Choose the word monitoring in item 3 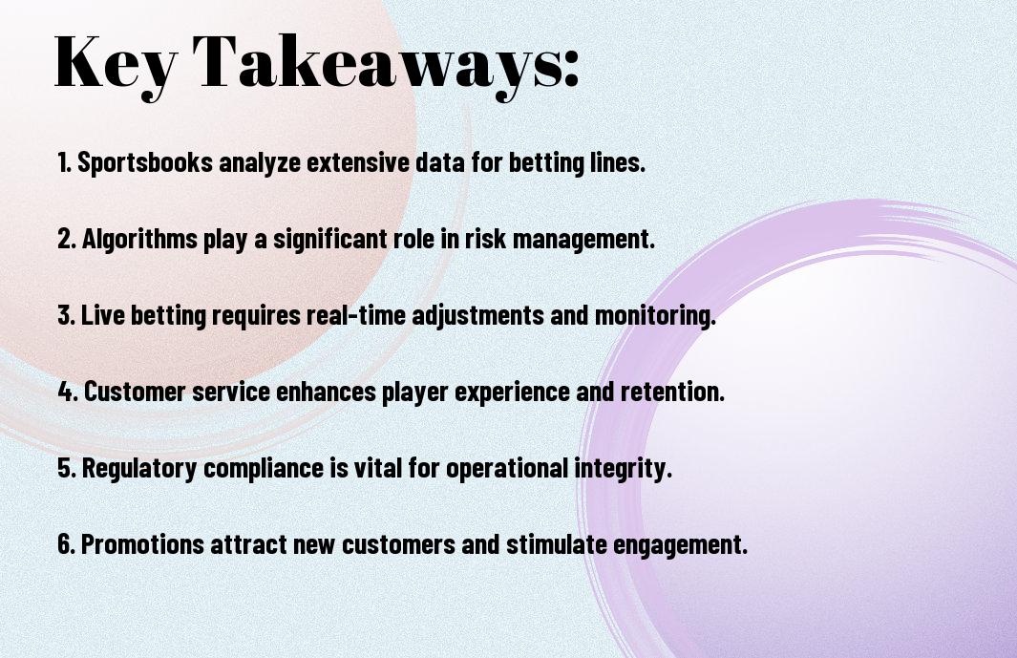(x=655, y=316)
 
